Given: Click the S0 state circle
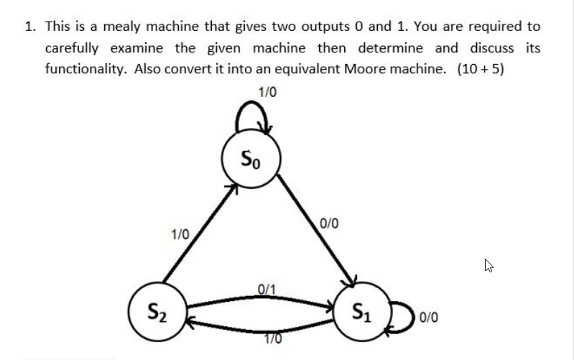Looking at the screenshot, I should click(x=251, y=157).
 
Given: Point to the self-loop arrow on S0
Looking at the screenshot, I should click(x=253, y=116).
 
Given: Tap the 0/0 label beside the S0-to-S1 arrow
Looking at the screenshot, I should click(x=329, y=223).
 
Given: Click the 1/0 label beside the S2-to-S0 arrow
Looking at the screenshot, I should click(x=180, y=234).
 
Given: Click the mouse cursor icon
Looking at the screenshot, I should click(x=489, y=266).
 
